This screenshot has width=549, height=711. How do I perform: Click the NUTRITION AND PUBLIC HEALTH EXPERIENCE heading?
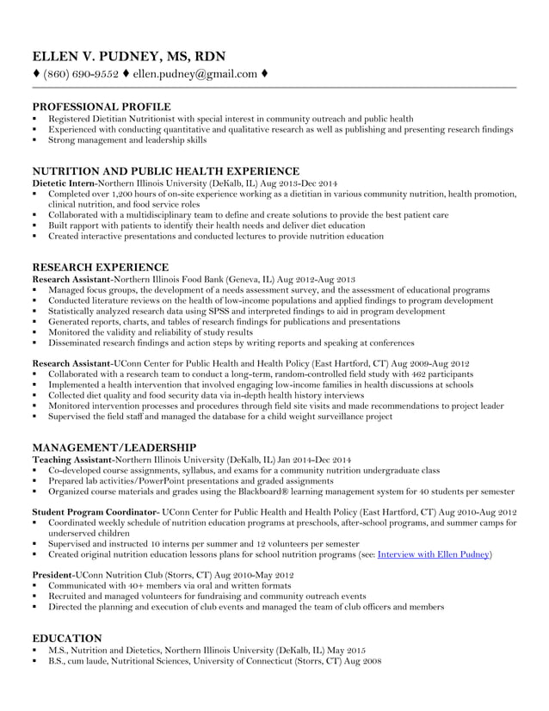(x=165, y=171)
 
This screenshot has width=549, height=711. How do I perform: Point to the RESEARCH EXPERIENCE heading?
(x=100, y=268)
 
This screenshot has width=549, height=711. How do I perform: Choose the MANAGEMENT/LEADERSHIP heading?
(x=114, y=448)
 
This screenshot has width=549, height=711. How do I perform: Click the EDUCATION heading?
(x=66, y=638)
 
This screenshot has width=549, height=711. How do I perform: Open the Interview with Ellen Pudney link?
(x=434, y=555)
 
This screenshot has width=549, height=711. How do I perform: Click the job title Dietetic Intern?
(x=63, y=183)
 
